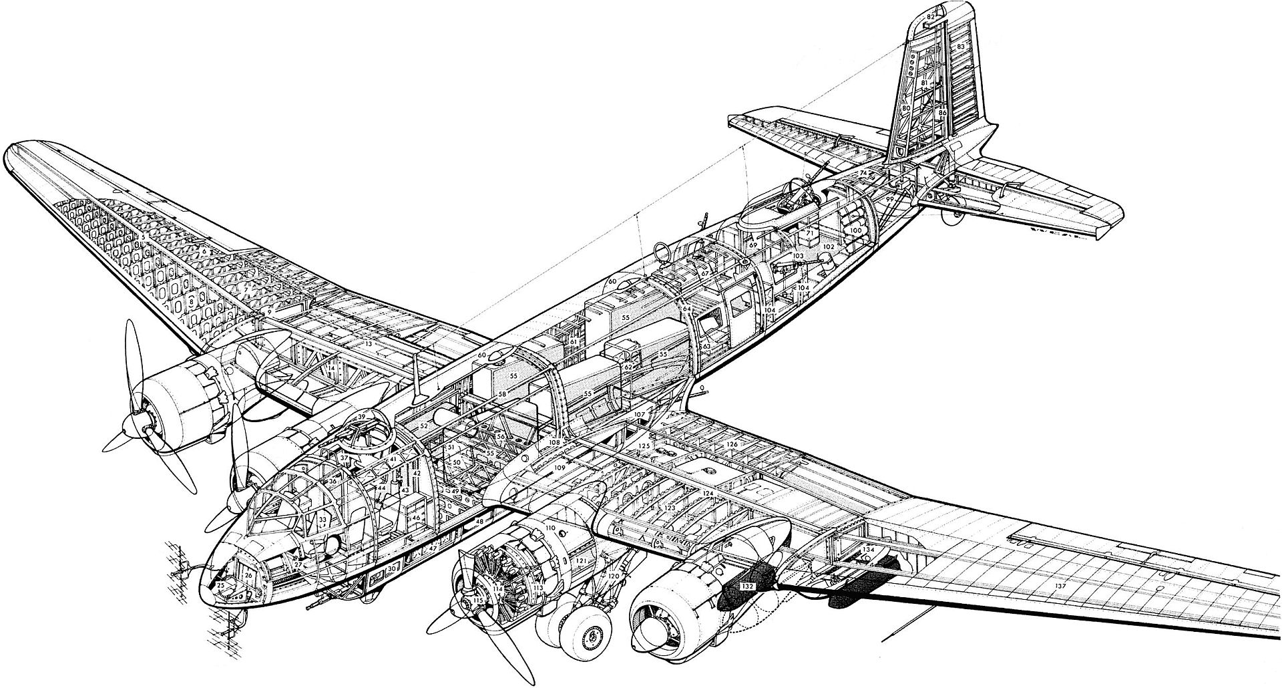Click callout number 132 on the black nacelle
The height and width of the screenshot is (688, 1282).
pyautogui.click(x=748, y=585)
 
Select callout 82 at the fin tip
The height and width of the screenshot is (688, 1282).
pyautogui.click(x=931, y=16)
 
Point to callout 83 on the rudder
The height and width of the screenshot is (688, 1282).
pyautogui.click(x=961, y=46)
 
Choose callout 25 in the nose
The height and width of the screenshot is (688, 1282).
pyautogui.click(x=221, y=586)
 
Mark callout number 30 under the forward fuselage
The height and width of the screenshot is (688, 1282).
pyautogui.click(x=393, y=568)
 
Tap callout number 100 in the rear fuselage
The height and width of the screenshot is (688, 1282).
pyautogui.click(x=855, y=230)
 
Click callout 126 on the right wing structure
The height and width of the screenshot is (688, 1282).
pyautogui.click(x=732, y=444)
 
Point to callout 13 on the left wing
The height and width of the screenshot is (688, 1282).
pyautogui.click(x=369, y=344)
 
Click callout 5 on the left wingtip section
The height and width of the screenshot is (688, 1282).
pyautogui.click(x=144, y=237)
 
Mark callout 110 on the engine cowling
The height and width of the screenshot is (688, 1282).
pyautogui.click(x=550, y=528)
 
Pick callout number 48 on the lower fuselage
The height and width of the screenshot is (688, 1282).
pyautogui.click(x=479, y=520)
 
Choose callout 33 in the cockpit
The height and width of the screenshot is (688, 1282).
pyautogui.click(x=323, y=519)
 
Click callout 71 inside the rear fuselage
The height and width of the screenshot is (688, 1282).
pyautogui.click(x=809, y=233)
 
